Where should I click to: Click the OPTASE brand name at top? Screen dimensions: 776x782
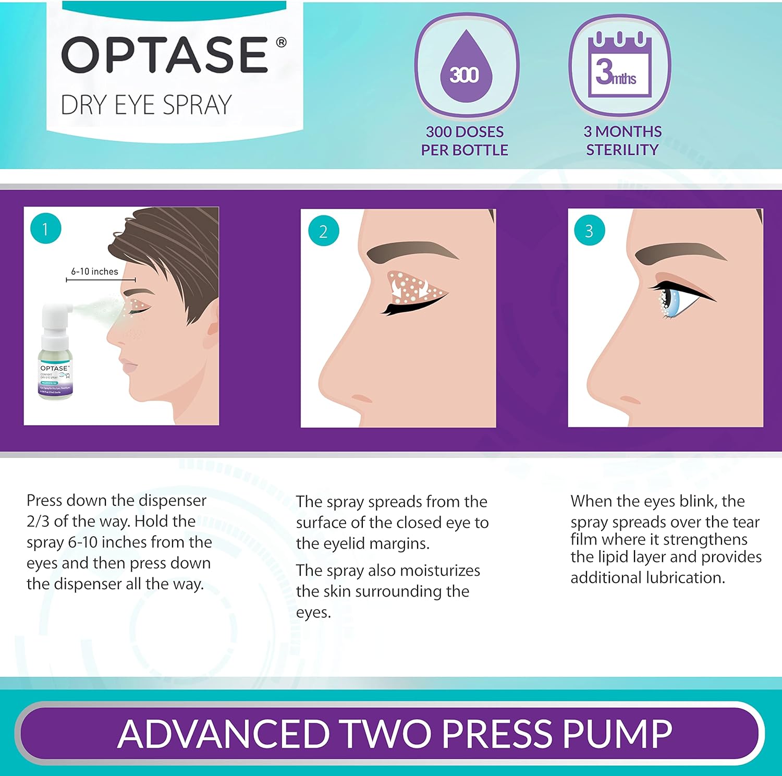[x=165, y=54]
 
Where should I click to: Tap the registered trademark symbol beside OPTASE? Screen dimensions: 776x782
[x=281, y=42]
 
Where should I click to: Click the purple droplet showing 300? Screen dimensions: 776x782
[x=465, y=66]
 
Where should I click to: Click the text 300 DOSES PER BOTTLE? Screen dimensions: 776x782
[x=465, y=141]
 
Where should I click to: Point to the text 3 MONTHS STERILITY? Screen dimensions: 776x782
[x=622, y=141]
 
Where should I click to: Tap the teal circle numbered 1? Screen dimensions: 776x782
[x=45, y=228]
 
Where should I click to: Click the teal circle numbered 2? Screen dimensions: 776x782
[x=323, y=231]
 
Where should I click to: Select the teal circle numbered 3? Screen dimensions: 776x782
[x=589, y=231]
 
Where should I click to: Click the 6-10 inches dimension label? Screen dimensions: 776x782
[x=95, y=272]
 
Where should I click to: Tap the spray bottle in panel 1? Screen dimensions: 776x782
[x=55, y=355]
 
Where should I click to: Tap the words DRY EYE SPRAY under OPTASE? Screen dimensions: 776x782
[x=146, y=105]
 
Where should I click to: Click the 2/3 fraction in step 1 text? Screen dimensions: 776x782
[x=38, y=522]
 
